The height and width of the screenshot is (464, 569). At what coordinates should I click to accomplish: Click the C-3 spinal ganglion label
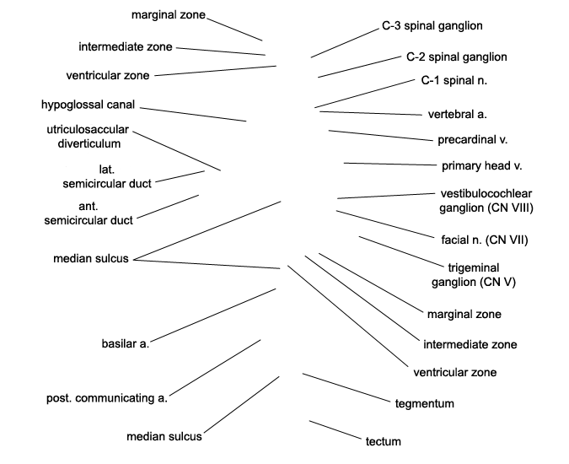click(x=432, y=26)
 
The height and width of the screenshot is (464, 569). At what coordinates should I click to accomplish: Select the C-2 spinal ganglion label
click(x=457, y=57)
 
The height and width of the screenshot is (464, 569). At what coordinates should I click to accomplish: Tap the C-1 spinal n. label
click(x=454, y=81)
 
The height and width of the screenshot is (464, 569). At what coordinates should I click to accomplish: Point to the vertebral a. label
click(x=457, y=115)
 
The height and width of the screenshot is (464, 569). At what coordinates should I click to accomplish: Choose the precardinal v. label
click(x=472, y=140)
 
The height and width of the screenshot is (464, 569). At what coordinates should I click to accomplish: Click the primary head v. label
click(x=482, y=166)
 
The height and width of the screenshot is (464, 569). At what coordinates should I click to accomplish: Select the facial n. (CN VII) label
click(x=485, y=240)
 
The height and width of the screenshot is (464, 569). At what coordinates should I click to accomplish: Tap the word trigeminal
click(x=474, y=268)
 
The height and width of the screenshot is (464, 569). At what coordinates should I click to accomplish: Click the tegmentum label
click(x=425, y=404)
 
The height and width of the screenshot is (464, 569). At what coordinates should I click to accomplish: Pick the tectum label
click(x=384, y=441)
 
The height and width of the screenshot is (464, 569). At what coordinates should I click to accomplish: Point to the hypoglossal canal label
click(x=88, y=105)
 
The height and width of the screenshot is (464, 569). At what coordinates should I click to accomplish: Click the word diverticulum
click(x=89, y=143)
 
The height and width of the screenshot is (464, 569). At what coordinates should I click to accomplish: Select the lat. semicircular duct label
click(x=107, y=177)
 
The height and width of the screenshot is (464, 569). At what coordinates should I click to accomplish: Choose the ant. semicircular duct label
click(x=89, y=213)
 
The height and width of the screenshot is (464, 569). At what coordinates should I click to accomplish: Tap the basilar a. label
click(x=126, y=344)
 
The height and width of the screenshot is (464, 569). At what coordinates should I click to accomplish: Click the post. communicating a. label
click(x=107, y=398)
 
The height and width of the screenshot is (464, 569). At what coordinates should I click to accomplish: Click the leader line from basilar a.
click(x=213, y=316)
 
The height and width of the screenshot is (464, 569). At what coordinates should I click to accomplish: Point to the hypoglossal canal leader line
click(x=193, y=115)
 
